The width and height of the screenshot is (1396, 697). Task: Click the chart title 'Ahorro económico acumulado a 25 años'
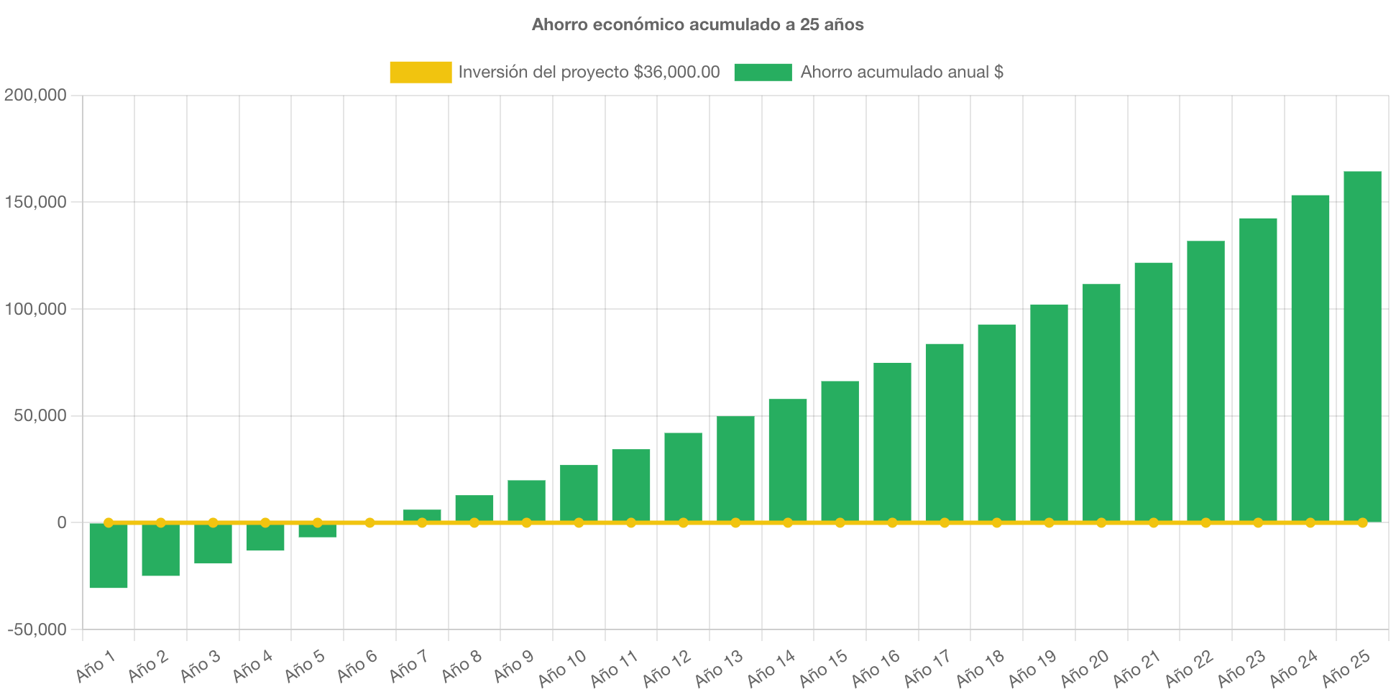(697, 24)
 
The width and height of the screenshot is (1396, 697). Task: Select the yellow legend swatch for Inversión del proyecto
(421, 72)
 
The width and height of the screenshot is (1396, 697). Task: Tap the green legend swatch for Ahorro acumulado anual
(763, 72)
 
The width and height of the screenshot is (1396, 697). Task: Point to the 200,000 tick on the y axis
(35, 95)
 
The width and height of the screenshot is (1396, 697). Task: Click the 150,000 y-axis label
(35, 202)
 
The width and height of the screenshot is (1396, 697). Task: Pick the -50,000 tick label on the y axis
(37, 629)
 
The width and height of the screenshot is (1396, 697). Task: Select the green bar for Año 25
(1362, 345)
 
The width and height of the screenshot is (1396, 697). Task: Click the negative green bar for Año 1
(109, 556)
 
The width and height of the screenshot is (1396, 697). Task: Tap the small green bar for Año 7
(422, 515)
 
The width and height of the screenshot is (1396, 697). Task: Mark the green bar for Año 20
(1101, 402)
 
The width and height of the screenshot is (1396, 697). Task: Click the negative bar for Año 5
(318, 531)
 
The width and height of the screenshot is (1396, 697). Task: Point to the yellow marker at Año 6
(369, 522)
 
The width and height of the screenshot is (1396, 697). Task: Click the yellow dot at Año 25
(1362, 522)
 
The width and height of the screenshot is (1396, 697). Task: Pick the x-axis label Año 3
(201, 666)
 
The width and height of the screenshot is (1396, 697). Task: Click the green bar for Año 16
(892, 442)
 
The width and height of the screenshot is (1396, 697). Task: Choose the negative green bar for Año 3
(213, 544)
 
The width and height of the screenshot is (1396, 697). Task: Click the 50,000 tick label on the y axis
(40, 415)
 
